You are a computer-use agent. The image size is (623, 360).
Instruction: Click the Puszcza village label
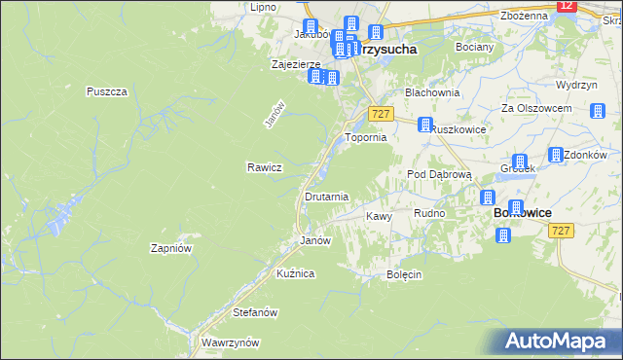pos(107,91)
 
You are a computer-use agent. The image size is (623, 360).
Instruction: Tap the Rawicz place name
pos(265,166)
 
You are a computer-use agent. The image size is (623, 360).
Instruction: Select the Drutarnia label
pos(326,197)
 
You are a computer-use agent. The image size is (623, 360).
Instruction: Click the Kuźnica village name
pos(295,273)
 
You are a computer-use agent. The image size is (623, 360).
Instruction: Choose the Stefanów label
pos(256,312)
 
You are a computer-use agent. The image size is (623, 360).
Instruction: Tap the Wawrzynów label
pos(230,342)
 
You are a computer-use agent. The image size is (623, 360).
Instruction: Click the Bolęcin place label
pos(403,274)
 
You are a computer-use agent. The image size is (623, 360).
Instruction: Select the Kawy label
pos(379,216)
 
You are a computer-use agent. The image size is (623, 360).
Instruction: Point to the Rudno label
pos(429,213)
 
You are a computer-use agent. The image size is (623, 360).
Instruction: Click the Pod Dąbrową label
pos(439,174)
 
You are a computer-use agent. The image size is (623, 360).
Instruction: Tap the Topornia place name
pos(366,138)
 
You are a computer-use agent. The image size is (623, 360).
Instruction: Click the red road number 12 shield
pos(567,6)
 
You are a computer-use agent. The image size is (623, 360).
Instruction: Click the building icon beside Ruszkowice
pos(425,125)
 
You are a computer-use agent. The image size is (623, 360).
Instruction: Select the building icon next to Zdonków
pos(556,155)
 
